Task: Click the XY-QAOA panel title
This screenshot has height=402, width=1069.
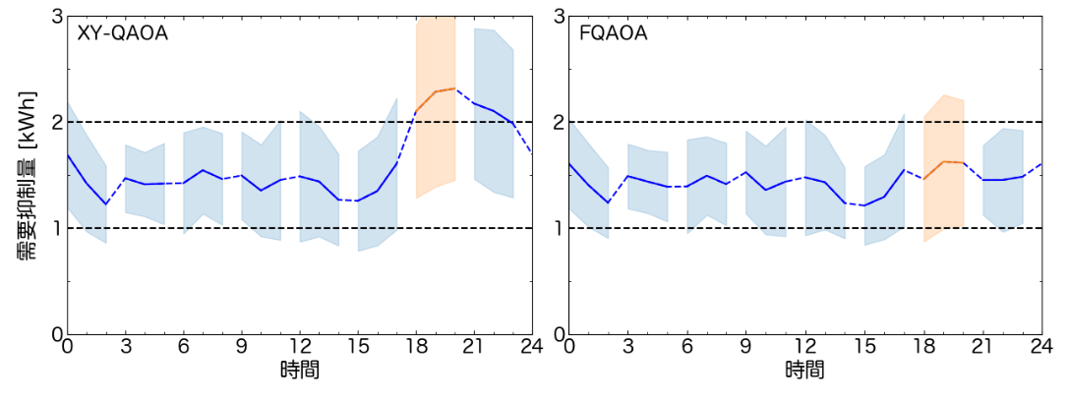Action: coord(123,33)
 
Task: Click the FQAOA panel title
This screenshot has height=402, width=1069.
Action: coord(613,33)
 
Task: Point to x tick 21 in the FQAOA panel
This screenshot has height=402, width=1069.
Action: coord(982,347)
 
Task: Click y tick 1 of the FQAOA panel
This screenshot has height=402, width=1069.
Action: coord(560,228)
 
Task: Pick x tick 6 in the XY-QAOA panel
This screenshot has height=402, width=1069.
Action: coord(184,347)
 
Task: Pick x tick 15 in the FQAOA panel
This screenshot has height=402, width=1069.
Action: coord(864,347)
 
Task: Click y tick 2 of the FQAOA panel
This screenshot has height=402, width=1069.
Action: coord(560,122)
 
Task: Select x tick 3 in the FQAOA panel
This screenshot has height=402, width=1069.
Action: coord(627,347)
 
